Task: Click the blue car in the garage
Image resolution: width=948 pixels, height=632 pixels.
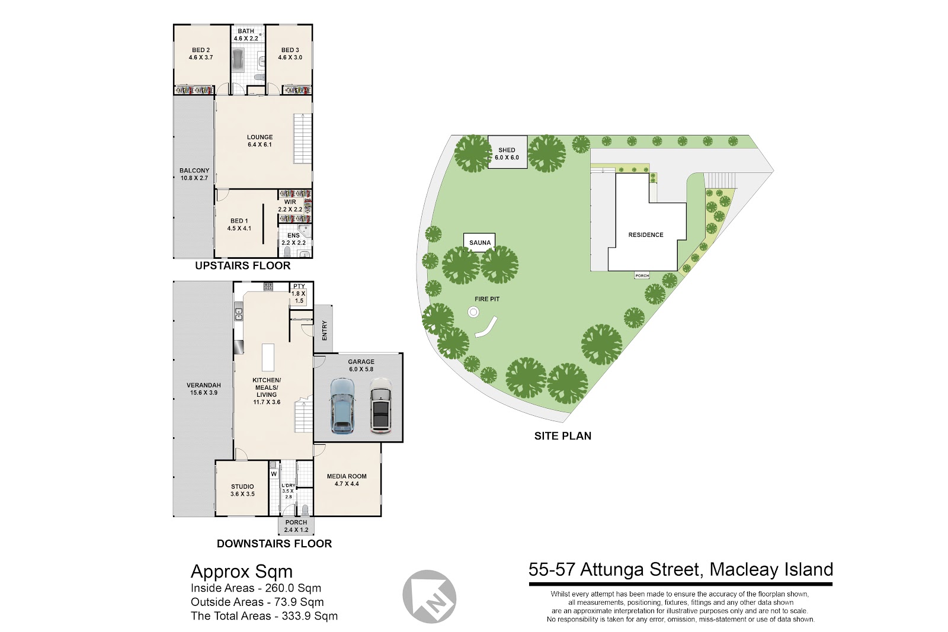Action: coord(342,406)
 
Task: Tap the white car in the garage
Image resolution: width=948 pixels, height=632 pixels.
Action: coord(381,405)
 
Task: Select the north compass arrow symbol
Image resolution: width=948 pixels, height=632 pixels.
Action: coord(429,596)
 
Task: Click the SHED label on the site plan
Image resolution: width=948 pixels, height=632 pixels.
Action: coord(507,150)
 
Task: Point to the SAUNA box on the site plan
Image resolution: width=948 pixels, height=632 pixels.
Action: coord(479,242)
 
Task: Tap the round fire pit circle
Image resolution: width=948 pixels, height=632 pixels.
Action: coord(473,313)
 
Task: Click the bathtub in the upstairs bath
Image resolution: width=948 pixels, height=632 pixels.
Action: coord(238,60)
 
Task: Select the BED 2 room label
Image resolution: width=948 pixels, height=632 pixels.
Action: coord(201,54)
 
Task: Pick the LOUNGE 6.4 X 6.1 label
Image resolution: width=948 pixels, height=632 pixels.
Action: coord(260,141)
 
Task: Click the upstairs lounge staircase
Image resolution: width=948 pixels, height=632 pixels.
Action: coord(303,139)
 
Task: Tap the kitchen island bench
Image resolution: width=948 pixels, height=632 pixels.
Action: coord(268,357)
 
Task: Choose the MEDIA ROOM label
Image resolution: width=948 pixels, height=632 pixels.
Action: coord(347,480)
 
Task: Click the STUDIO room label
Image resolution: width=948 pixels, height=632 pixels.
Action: coord(242,490)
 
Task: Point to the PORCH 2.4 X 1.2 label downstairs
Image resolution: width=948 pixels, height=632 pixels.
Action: coord(296,526)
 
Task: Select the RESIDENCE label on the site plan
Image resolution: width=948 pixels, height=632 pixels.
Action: coord(646,235)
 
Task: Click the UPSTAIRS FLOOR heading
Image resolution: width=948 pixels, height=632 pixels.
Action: coord(243,266)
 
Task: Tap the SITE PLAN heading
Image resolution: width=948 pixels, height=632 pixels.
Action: coord(563,436)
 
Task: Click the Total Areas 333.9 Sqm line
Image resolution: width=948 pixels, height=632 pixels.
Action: coord(264,616)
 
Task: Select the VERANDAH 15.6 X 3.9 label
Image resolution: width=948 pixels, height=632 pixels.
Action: coord(204,389)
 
